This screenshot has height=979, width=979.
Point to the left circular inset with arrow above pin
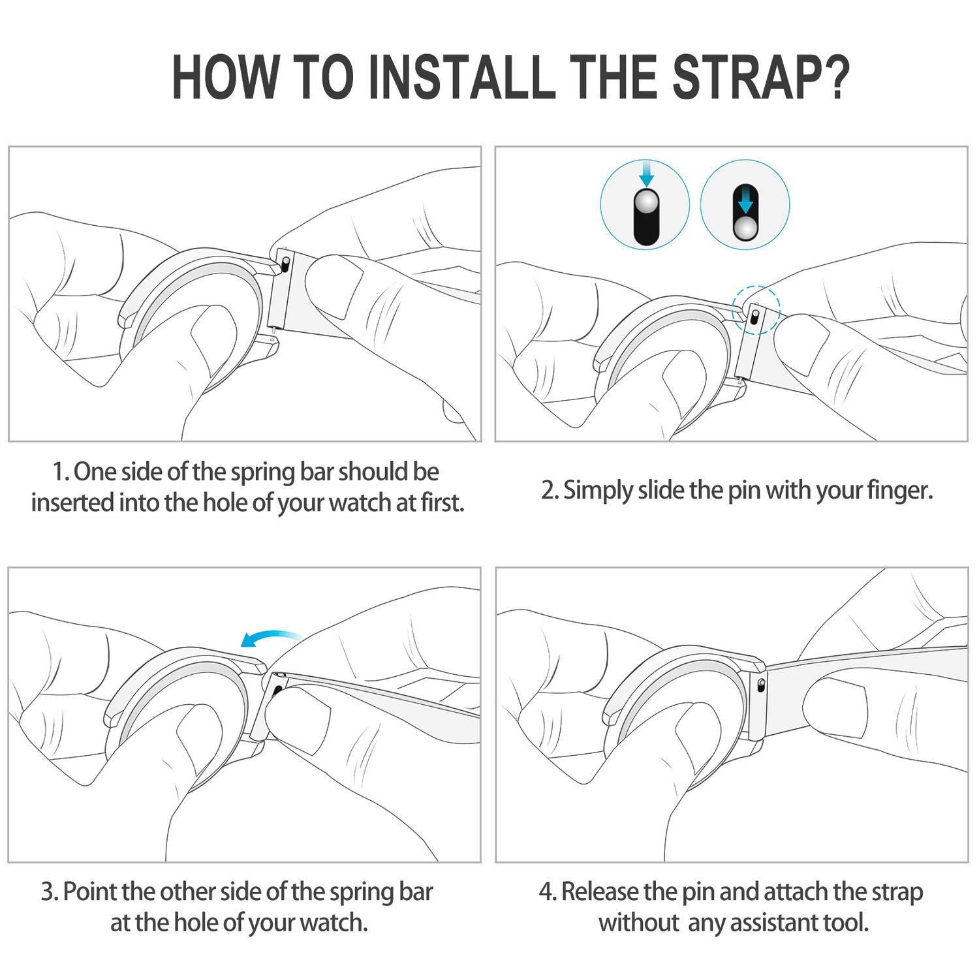[645, 203]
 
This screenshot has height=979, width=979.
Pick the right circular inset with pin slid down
[745, 203]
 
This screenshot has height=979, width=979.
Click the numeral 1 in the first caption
[59, 473]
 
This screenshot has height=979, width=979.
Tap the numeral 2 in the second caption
[548, 490]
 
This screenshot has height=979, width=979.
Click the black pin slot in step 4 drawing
[762, 685]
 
